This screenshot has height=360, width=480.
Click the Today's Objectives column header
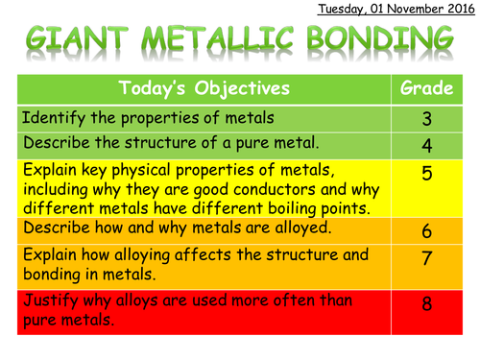point(204,89)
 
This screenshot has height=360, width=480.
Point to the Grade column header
point(426,89)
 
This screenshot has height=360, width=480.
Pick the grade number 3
point(426,120)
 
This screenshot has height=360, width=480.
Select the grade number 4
point(426,146)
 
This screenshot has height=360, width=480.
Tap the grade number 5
point(426,173)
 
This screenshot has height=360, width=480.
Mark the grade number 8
point(426,303)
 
